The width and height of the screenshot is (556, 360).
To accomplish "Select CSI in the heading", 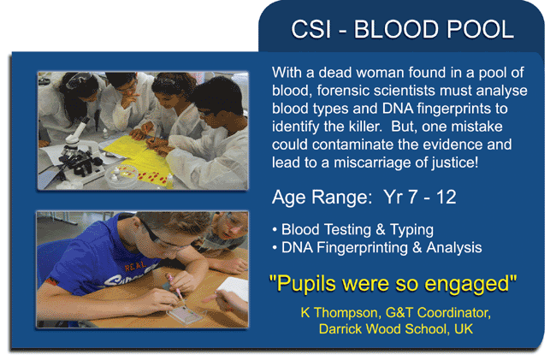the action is pos(311,29).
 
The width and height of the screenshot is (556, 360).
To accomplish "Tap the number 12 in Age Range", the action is pos(446,197).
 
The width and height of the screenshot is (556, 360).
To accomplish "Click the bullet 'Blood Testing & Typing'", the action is pos(352,230).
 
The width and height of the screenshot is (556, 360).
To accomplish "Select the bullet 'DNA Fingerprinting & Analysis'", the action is pos(377,248).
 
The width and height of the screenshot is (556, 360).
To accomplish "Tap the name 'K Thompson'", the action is pos(339,313).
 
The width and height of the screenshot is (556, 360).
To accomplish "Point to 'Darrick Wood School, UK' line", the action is pos(396,329).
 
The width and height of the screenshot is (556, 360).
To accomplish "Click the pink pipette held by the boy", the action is pos(174,286).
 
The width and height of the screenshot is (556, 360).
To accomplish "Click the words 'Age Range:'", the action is pos(322,198).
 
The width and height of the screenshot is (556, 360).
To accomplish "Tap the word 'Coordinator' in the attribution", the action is pos(454,313).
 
